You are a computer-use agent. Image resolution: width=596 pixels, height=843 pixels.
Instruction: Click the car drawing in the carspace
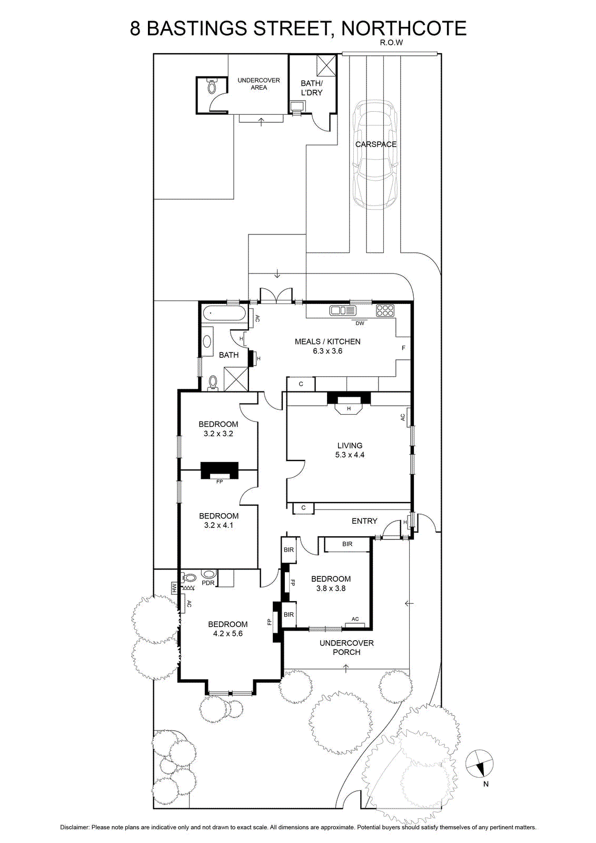[x=374, y=154]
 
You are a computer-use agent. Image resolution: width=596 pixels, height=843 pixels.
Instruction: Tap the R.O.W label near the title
[x=391, y=43]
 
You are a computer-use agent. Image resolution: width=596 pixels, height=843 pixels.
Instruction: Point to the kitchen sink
[x=343, y=310]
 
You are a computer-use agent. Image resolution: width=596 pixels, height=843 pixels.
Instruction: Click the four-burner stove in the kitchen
[x=385, y=310]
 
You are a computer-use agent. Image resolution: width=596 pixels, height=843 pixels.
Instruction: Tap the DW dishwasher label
[x=360, y=323]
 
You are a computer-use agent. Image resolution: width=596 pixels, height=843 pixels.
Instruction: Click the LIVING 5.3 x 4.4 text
[x=350, y=450]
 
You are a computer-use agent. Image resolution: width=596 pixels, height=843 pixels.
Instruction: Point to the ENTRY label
[x=364, y=521]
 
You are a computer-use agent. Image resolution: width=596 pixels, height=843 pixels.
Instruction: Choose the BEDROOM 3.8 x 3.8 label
[x=331, y=583]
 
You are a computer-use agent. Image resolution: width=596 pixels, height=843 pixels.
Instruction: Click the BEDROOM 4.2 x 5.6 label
[x=228, y=629]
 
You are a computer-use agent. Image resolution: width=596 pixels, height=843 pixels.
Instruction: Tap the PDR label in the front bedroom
[x=208, y=583]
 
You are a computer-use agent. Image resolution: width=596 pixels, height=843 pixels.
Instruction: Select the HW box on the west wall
[x=174, y=588]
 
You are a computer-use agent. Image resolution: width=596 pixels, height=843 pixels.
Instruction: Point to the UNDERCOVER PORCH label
[x=346, y=648]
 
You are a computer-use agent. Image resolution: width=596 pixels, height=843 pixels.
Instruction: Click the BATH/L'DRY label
[x=312, y=87]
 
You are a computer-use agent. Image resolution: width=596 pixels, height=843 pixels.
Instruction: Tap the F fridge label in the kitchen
[x=403, y=348]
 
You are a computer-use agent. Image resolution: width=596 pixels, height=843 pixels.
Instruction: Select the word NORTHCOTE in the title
[x=404, y=28]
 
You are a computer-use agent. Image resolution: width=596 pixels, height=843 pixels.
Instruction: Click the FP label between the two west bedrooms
[x=220, y=481]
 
